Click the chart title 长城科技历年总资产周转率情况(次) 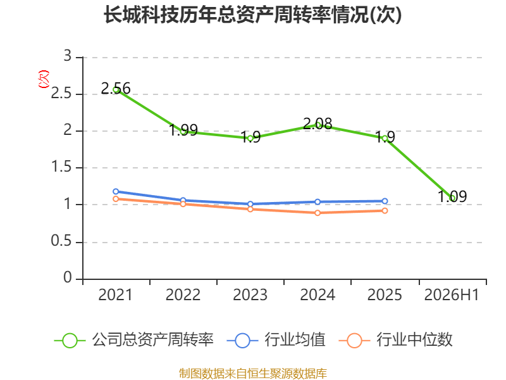(x=252, y=15)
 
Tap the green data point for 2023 (x=250, y=139)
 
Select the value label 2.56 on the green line (x=116, y=88)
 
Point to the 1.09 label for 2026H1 (x=452, y=196)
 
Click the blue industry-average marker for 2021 (x=116, y=192)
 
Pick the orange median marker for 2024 (x=318, y=213)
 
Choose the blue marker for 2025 (x=385, y=201)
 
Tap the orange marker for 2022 (x=183, y=204)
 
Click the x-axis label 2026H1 (x=452, y=294)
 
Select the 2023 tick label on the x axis (x=250, y=294)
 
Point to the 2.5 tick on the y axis (x=61, y=93)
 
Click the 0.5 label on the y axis (x=61, y=241)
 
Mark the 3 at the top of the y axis (x=67, y=56)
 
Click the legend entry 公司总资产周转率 (x=134, y=340)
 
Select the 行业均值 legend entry (x=276, y=340)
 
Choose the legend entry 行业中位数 (x=396, y=340)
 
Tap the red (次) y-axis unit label (x=44, y=79)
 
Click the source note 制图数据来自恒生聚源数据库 (x=253, y=374)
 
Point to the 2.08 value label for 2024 (x=318, y=123)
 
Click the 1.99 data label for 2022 (x=183, y=130)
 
